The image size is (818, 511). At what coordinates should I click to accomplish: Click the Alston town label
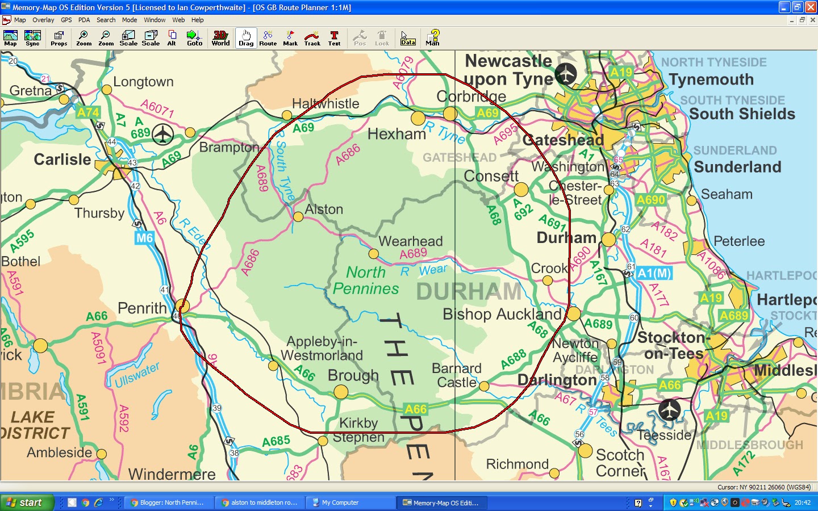click(324, 210)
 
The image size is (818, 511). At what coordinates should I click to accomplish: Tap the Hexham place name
click(397, 135)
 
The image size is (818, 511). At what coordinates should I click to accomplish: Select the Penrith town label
click(142, 308)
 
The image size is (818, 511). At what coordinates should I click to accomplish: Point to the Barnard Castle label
click(457, 375)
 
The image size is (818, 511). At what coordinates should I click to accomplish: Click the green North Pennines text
click(366, 280)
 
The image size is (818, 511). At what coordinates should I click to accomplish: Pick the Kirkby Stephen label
click(358, 430)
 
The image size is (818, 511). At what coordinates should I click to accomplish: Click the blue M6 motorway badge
click(144, 238)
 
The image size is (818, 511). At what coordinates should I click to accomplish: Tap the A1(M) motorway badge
click(654, 273)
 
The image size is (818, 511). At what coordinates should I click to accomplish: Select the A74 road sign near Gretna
click(88, 112)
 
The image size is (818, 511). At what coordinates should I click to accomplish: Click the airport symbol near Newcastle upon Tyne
click(566, 74)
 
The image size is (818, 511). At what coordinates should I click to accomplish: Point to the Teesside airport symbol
click(670, 409)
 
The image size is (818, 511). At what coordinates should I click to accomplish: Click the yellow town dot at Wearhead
click(373, 254)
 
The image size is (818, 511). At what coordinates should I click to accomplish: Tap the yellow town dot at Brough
click(341, 392)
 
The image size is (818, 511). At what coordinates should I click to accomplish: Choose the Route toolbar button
click(268, 38)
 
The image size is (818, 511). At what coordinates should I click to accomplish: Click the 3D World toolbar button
click(220, 38)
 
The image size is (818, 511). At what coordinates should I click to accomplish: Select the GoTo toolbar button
click(194, 38)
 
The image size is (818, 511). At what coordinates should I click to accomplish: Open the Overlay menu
click(43, 20)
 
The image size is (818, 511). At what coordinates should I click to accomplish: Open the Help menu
click(197, 20)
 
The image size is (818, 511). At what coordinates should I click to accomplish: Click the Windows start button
click(27, 502)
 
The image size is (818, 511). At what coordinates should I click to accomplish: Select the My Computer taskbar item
click(340, 502)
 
